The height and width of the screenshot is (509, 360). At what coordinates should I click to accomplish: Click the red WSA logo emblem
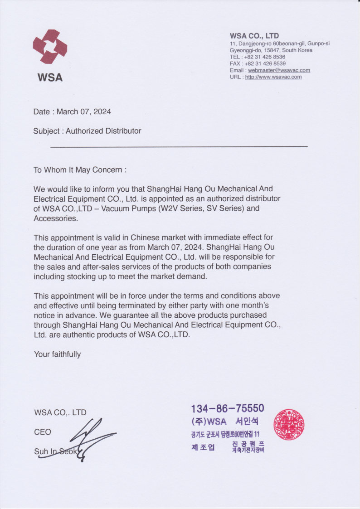point(50,47)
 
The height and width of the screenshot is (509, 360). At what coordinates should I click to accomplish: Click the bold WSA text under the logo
point(50,78)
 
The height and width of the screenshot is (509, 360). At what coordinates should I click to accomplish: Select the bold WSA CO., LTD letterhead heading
point(254,36)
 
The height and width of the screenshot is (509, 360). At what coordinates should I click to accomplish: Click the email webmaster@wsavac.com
point(279,70)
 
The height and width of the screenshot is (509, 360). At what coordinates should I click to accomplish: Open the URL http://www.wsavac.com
point(273,77)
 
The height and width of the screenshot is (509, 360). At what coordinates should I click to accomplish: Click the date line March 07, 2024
point(72,111)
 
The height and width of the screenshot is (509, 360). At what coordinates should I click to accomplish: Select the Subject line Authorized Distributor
point(87,131)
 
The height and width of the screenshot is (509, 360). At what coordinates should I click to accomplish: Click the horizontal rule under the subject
point(179,146)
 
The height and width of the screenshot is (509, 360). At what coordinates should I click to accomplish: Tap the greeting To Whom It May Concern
point(80,170)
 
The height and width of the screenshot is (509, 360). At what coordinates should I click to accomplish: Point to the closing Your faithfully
point(57,354)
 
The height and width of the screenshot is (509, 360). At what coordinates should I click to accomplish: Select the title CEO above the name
point(43,432)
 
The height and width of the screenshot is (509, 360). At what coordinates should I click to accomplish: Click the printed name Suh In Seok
point(55,452)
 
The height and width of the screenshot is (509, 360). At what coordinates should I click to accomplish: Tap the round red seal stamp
point(289,425)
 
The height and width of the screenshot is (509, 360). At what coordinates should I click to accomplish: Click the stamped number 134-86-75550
point(227,409)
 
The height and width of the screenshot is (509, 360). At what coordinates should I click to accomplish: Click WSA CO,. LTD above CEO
point(60,412)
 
